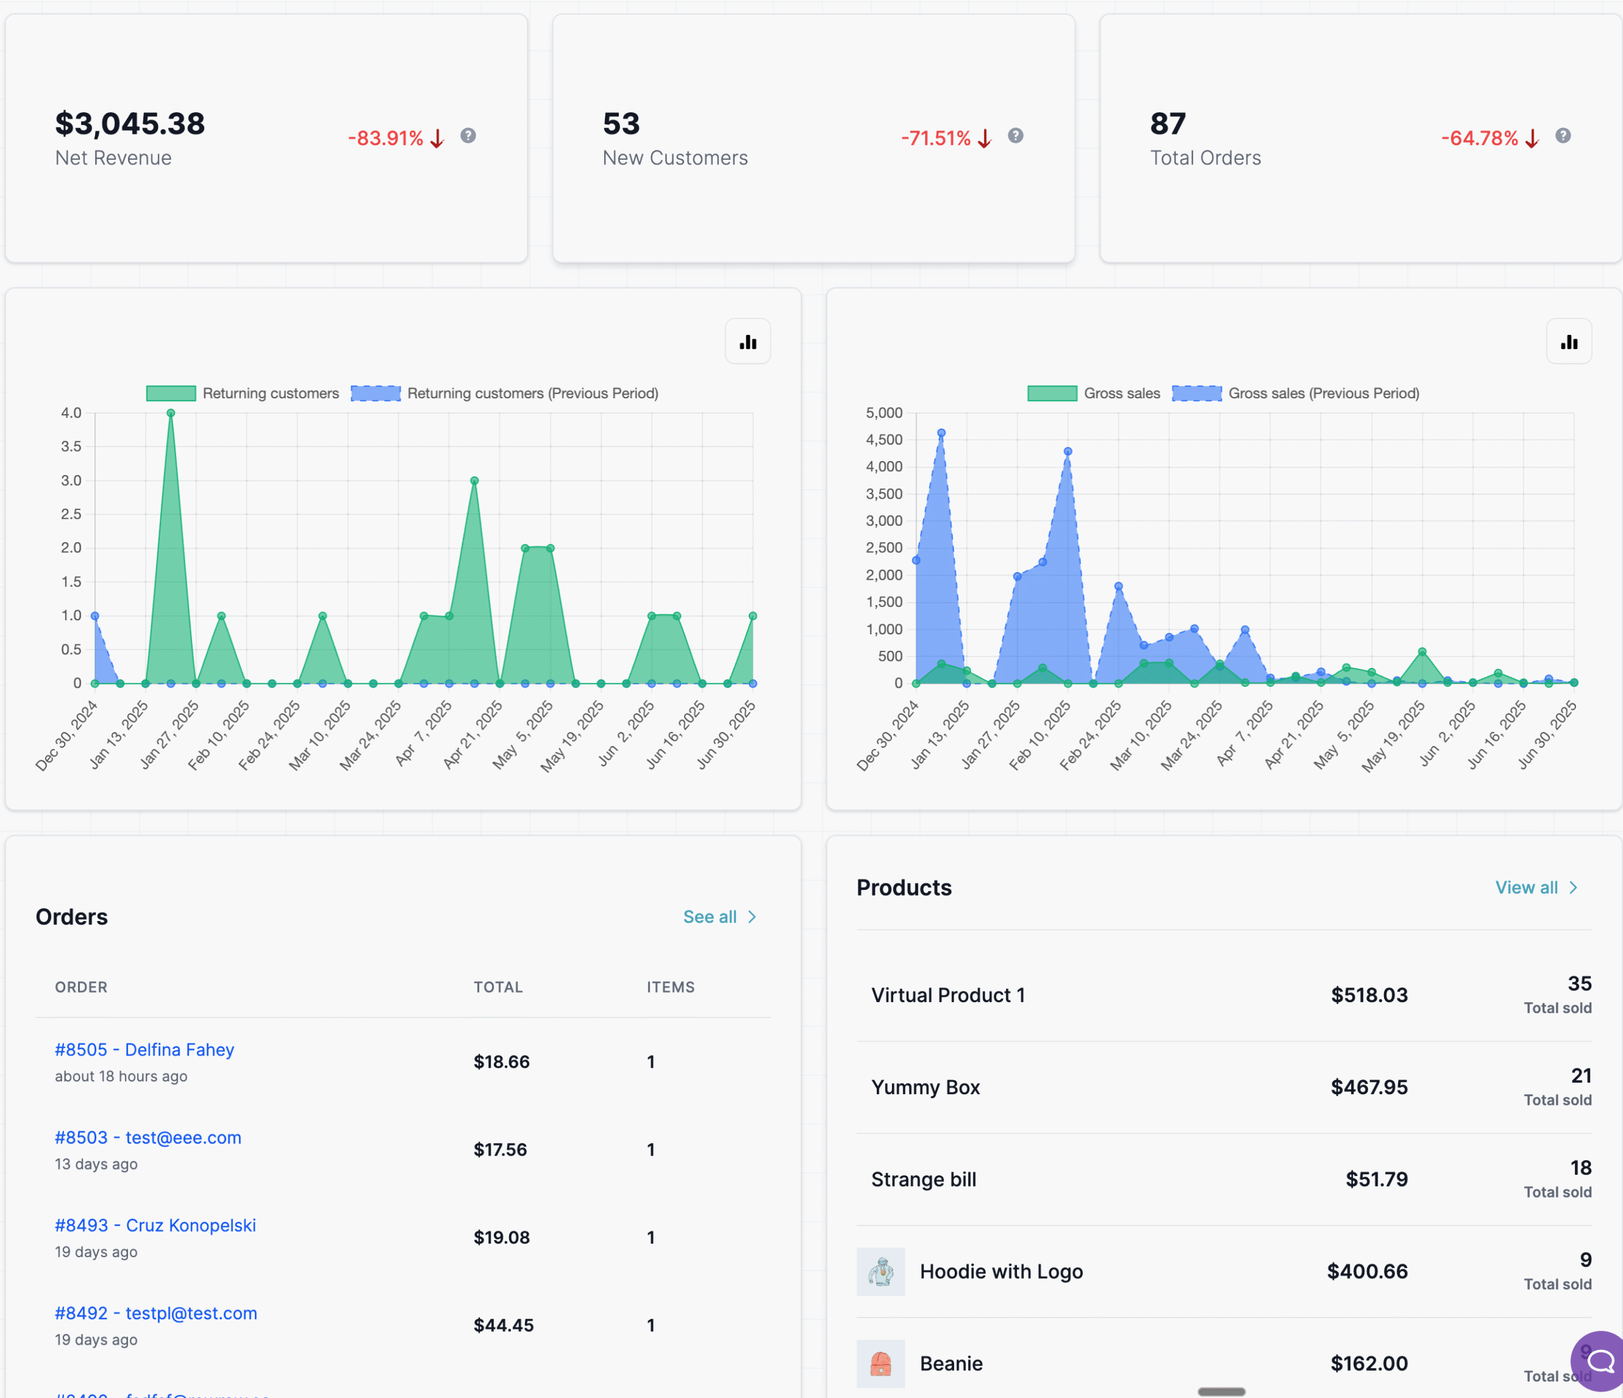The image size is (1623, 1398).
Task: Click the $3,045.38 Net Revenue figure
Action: [x=130, y=124]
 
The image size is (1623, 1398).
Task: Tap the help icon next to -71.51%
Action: [x=1015, y=136]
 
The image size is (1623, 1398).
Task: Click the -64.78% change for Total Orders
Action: [x=1479, y=139]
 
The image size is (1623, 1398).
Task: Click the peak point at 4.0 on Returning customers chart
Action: [x=171, y=413]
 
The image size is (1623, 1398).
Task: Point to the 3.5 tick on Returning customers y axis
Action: [x=71, y=447]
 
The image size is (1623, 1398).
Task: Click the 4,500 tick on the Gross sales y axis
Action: [x=884, y=440]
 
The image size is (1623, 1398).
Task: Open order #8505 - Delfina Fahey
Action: [x=144, y=1050]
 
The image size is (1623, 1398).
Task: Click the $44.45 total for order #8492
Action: [x=503, y=1325]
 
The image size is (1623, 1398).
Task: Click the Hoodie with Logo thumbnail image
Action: [x=881, y=1271]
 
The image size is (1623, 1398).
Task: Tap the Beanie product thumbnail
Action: [x=881, y=1364]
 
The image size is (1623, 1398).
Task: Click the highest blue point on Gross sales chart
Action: [x=941, y=433]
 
